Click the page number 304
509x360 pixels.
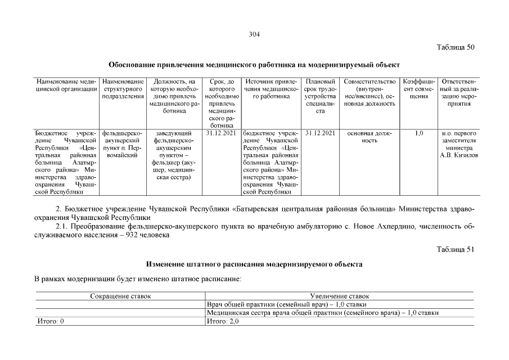coord(254,34)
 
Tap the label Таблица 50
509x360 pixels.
coord(456,47)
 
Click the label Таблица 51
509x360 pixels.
coord(456,249)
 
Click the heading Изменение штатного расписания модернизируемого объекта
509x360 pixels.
coord(254,263)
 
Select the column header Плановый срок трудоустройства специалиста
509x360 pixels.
coord(320,96)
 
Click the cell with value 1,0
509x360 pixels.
coord(418,133)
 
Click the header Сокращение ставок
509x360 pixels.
coord(120,296)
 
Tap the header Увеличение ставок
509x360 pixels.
coord(340,296)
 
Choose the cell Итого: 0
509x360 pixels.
coord(49,321)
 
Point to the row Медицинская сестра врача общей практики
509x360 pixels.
coord(322,313)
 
